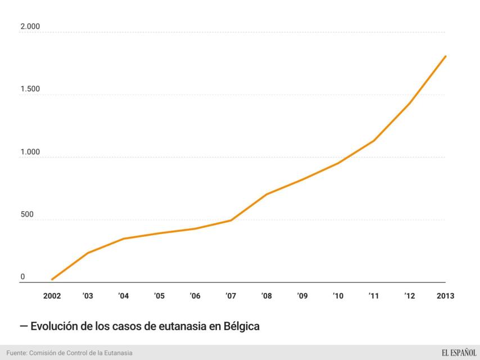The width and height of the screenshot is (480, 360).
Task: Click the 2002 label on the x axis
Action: click(x=52, y=296)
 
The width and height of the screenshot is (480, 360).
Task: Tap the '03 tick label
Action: click(x=88, y=296)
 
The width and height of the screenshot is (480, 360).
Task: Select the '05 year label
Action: click(x=159, y=296)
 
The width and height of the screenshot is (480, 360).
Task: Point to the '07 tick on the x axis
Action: click(x=230, y=296)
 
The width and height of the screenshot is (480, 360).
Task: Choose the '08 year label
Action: click(x=266, y=296)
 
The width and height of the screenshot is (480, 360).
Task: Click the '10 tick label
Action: click(x=338, y=296)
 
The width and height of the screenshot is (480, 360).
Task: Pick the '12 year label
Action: click(x=410, y=296)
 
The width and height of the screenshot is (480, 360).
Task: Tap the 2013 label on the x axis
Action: click(x=445, y=296)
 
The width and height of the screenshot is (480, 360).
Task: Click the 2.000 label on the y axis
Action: click(x=30, y=27)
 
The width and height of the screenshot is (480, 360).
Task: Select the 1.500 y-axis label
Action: click(x=30, y=89)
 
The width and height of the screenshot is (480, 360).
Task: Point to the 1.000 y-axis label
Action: click(x=30, y=152)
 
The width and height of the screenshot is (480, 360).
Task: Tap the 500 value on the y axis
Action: click(x=27, y=214)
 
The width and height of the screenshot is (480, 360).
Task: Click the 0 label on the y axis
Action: click(x=23, y=277)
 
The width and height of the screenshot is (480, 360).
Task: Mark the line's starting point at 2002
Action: click(x=52, y=280)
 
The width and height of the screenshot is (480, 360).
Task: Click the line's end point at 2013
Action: click(x=445, y=56)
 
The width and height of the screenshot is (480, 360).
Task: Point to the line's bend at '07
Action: click(x=231, y=220)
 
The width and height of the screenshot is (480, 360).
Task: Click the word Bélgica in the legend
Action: click(x=241, y=326)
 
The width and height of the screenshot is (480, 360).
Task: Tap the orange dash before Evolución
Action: click(x=24, y=326)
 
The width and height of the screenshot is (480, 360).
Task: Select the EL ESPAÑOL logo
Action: click(x=459, y=353)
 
